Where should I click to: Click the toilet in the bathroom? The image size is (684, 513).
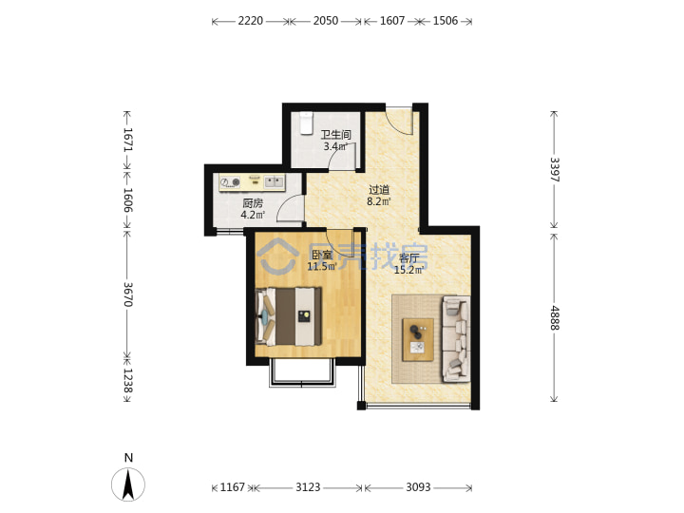[x=306, y=123]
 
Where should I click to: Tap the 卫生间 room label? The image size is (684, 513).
[x=336, y=135]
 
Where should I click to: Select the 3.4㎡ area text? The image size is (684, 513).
[x=335, y=146]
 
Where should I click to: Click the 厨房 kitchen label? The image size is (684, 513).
[x=253, y=203]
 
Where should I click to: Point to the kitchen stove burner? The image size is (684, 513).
[x=236, y=181]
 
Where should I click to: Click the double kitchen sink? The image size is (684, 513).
[x=275, y=181]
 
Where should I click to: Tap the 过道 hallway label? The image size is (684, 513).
[x=379, y=190]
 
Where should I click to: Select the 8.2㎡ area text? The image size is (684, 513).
[x=379, y=201]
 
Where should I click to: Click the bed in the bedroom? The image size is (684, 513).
[x=289, y=316]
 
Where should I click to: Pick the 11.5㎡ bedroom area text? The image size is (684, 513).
[x=322, y=267]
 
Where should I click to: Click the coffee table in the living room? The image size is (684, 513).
[x=418, y=340]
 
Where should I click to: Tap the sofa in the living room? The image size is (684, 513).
[x=456, y=339]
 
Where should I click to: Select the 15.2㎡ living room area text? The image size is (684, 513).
[x=408, y=270]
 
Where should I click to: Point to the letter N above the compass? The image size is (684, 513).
[x=128, y=458]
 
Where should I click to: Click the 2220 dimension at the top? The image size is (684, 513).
[x=251, y=21]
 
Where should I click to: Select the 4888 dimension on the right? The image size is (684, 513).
[x=555, y=317]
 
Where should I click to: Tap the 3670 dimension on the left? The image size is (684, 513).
[x=128, y=294]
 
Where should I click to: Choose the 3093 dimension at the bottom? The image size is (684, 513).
[x=418, y=486]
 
